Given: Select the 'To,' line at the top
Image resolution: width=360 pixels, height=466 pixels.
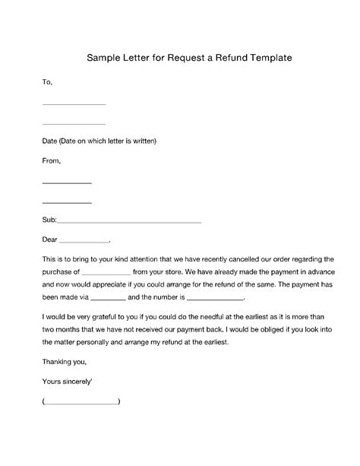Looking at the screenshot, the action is click(47, 80).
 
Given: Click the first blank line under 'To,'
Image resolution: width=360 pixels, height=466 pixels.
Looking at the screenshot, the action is click(74, 103).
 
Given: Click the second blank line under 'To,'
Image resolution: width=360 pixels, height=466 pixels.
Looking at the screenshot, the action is click(74, 123).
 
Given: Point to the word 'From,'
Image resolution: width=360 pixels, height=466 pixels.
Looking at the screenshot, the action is click(51, 160).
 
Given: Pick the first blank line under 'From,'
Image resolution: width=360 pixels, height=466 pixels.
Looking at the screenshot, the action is click(67, 183).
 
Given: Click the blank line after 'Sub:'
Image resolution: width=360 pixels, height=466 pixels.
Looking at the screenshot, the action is click(129, 222).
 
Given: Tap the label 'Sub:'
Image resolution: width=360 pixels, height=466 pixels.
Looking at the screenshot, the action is click(49, 220).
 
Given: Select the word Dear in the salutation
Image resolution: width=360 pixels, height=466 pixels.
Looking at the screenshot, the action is click(50, 239).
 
